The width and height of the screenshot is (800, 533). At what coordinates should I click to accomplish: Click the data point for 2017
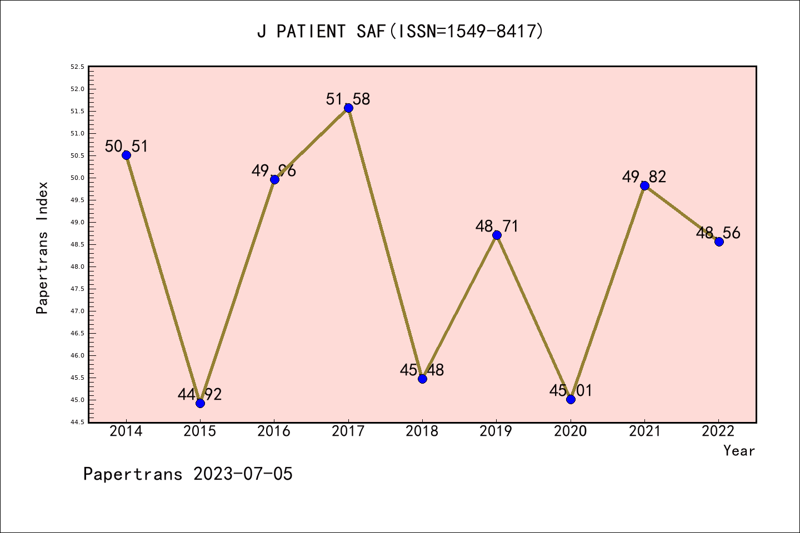(348, 108)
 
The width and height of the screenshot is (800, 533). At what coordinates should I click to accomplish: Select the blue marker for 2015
(200, 403)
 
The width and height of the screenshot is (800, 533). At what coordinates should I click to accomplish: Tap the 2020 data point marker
(571, 399)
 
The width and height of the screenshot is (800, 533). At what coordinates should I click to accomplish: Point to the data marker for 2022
(719, 242)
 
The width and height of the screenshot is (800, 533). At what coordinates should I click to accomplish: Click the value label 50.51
(127, 146)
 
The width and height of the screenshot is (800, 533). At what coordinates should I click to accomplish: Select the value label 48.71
(497, 226)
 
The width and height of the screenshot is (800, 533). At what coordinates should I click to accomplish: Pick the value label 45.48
(422, 370)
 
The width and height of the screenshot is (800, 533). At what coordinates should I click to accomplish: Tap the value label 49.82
(644, 177)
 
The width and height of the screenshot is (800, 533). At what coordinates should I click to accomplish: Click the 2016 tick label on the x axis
(274, 431)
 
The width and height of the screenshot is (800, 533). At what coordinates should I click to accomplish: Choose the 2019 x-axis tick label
(496, 431)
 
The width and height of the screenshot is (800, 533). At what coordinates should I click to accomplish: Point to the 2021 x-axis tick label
(644, 431)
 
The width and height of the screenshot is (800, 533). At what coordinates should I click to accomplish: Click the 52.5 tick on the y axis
(77, 67)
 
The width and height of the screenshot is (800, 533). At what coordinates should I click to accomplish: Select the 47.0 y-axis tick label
(77, 311)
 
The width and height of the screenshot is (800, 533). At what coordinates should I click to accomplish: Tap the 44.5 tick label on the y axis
(77, 422)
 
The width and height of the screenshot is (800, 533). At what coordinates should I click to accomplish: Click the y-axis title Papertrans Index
(42, 248)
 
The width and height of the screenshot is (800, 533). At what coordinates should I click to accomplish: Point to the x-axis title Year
(739, 451)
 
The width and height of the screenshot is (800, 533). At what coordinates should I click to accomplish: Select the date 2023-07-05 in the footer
(243, 474)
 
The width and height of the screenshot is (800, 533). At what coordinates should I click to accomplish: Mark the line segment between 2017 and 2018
(386, 243)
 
